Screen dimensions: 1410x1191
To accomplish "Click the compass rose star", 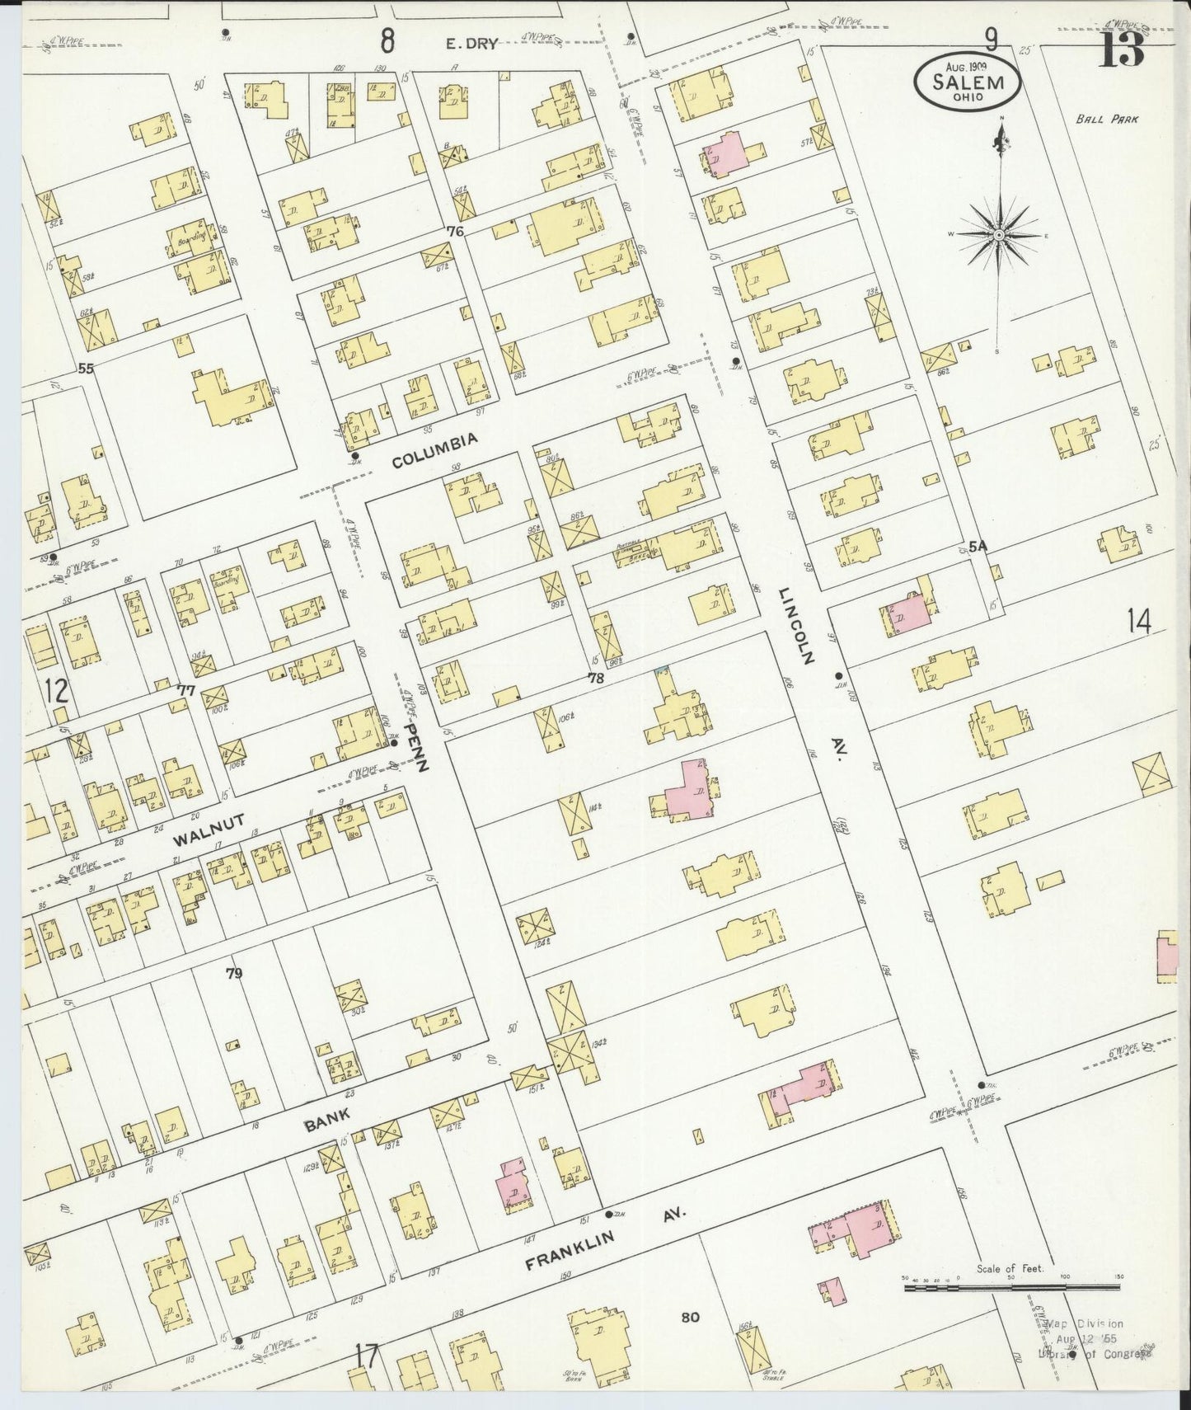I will (x=998, y=236).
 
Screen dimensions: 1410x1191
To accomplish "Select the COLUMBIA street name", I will (x=434, y=450).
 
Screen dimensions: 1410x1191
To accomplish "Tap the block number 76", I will (x=454, y=233).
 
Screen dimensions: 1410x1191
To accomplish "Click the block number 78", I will (x=596, y=678).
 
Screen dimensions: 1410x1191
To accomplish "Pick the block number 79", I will (x=235, y=974).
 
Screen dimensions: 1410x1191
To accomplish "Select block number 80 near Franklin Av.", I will (x=690, y=1318).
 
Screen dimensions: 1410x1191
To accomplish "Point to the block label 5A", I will (x=978, y=547).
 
